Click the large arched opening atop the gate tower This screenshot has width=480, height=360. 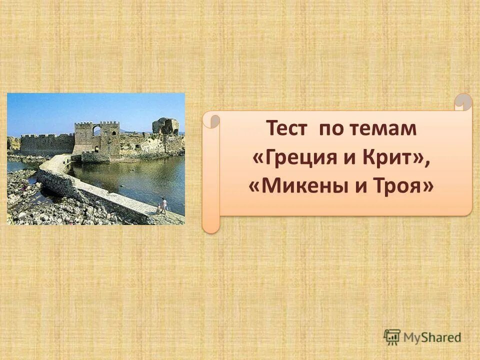(96, 130)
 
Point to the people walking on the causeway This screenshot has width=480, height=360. (162, 206)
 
